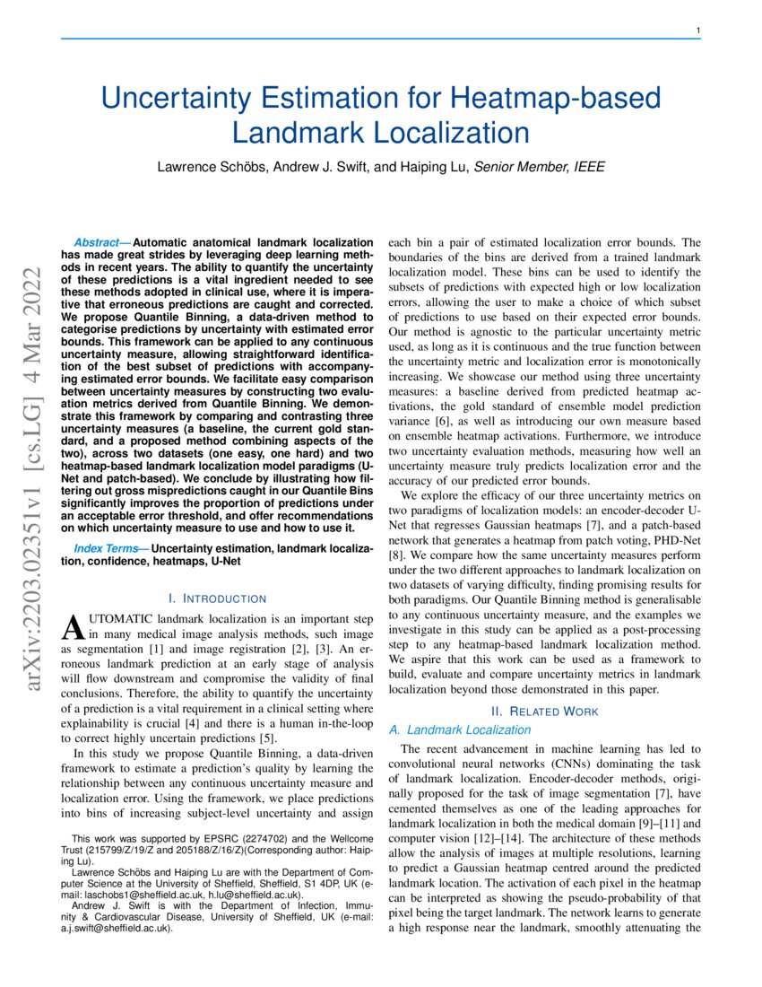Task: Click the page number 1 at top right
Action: [x=697, y=31]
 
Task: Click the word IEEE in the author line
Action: [x=587, y=167]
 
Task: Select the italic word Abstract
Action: [x=101, y=242]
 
